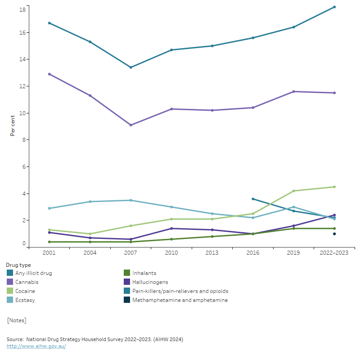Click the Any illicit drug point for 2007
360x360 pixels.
(131, 67)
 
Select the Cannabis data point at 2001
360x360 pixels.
(49, 74)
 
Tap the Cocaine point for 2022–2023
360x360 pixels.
(334, 187)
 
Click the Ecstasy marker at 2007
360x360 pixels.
(131, 200)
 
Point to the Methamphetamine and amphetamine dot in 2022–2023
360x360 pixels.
(334, 234)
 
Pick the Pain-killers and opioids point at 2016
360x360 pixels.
(253, 199)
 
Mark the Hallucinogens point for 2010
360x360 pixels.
(171, 229)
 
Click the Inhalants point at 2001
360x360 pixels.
(49, 242)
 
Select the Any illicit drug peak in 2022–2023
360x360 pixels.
(334, 7)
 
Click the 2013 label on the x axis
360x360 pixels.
(212, 253)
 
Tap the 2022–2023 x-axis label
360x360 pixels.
(334, 253)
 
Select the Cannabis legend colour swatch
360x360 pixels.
(10, 282)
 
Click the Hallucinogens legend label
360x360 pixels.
(150, 282)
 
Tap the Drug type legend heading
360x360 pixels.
(18, 265)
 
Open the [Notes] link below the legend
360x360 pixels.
(17, 320)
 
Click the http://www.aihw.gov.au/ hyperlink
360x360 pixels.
(36, 346)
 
